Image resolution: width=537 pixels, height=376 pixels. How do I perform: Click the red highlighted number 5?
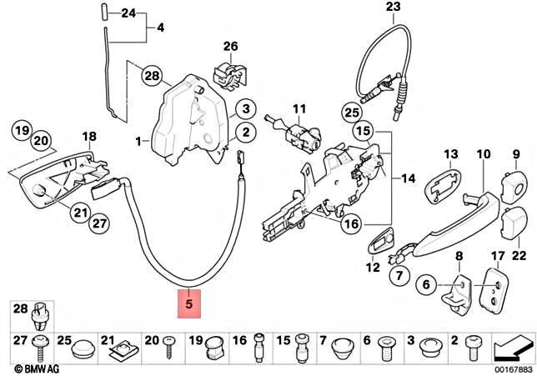point(190,305)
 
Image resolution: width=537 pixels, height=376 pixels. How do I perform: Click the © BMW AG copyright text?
point(32,367)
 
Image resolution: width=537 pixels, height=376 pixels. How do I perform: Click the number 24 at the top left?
point(127,13)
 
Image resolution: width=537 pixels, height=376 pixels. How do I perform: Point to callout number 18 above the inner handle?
point(88,137)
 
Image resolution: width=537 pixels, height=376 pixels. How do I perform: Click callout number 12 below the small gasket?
point(373,268)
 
